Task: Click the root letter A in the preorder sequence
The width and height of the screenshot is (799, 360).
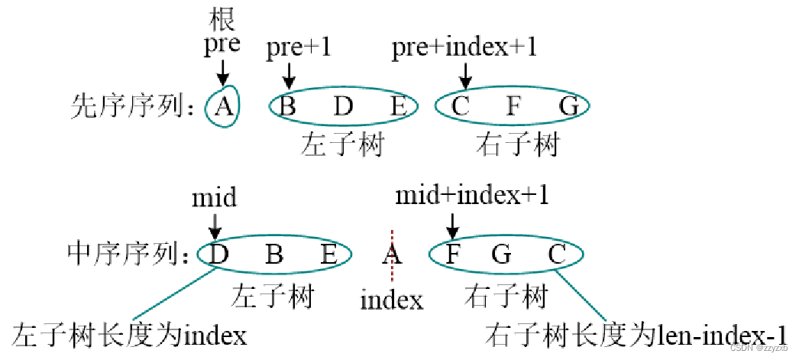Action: tap(222, 107)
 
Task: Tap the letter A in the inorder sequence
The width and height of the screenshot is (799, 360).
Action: tap(392, 254)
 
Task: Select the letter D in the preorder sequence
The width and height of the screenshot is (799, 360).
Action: tap(343, 107)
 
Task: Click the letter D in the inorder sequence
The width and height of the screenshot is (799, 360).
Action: tap(219, 254)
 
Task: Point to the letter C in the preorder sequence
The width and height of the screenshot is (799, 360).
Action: tap(460, 107)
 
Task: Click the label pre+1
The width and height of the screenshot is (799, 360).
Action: tap(299, 47)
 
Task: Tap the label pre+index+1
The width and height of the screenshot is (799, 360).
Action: tap(464, 47)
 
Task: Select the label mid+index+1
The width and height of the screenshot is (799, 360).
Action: tap(471, 196)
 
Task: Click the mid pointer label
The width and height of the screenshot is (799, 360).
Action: tap(214, 198)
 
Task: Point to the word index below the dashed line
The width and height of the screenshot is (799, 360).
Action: tap(392, 300)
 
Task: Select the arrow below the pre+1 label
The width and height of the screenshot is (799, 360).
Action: tap(289, 74)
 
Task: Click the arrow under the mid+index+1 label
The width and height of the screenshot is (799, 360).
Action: tap(452, 224)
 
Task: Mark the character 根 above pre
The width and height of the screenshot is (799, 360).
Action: tap(222, 17)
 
